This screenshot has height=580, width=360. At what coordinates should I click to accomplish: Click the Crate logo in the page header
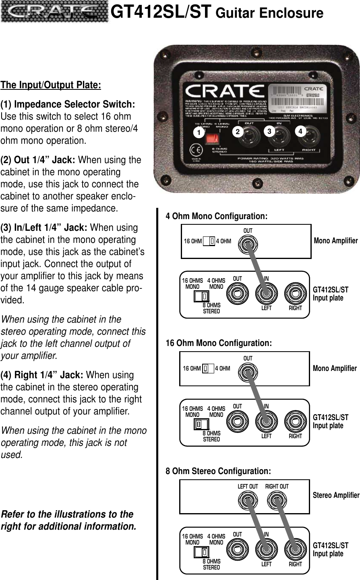[54, 13]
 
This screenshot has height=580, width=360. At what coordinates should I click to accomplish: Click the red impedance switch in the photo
[212, 139]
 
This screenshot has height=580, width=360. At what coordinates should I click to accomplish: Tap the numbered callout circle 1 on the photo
[197, 132]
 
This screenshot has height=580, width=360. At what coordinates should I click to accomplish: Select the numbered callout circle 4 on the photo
[300, 131]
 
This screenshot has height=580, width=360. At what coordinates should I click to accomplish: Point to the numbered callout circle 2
[238, 132]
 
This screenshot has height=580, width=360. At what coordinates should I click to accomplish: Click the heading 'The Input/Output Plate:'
[51, 86]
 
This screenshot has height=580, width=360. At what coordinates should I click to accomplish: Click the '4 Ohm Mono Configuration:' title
[217, 216]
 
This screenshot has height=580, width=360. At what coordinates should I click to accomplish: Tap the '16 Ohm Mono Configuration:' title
[219, 344]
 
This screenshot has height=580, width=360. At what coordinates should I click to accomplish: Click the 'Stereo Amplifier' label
[336, 495]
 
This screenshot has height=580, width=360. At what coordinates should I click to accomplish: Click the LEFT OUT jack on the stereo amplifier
[247, 501]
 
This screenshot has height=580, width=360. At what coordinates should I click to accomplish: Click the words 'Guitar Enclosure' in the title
[269, 13]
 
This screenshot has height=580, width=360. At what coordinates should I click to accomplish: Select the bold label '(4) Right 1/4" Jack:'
[43, 375]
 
